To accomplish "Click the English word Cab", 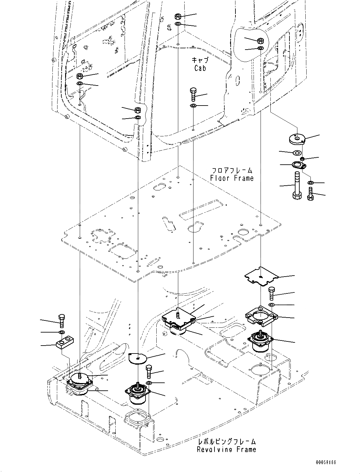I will coord(200,68).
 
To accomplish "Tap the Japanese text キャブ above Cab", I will coord(200,60).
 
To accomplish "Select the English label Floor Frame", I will coord(232,178).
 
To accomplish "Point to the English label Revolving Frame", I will coord(226,449).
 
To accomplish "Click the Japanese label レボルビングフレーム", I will coord(227,442).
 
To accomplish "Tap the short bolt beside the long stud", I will coord(310,194).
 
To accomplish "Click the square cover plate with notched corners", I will coord(260,276).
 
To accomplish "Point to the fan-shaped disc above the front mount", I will coord(138,358).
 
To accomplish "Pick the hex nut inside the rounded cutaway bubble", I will coord(260,41).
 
